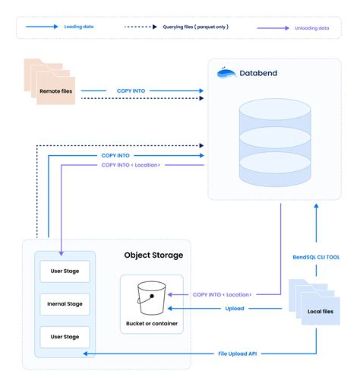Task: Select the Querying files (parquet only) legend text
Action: coord(195,27)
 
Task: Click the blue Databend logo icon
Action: coord(226,73)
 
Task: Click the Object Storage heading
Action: coord(153,255)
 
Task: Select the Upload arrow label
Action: coord(235,308)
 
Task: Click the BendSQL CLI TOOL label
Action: coord(317,257)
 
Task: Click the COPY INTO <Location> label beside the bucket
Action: coord(223,293)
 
